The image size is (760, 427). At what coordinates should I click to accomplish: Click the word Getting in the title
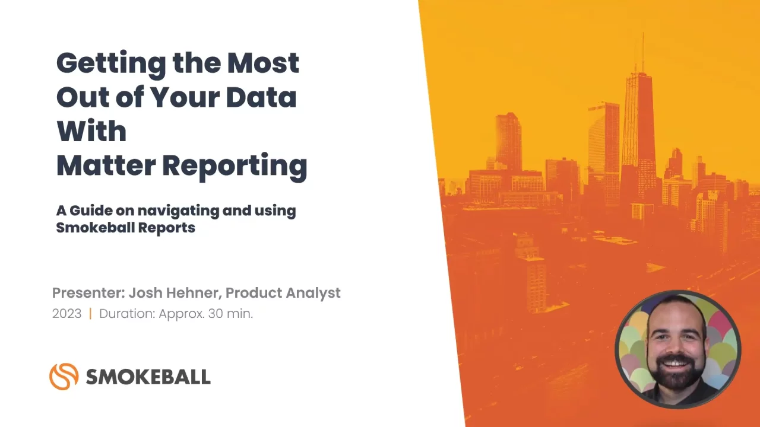pos(111,65)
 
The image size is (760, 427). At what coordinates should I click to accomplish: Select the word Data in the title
pos(261,97)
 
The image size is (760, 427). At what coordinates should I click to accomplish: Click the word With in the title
pos(91,130)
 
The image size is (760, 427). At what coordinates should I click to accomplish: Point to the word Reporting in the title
pos(235,167)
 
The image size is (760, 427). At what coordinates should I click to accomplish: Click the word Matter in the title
pos(106,165)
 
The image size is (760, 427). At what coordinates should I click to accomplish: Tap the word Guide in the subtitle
pos(91,211)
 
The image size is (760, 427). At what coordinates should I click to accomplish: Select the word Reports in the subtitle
pos(167,228)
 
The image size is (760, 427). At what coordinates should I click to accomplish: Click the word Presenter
pos(89,293)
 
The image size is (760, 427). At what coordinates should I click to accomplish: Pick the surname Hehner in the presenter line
pos(194,293)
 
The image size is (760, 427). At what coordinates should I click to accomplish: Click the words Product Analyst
pos(283,293)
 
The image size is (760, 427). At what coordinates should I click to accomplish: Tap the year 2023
pos(67,314)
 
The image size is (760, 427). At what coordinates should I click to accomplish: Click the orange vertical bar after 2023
pos(90,314)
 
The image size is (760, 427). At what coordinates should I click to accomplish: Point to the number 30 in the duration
pos(215,314)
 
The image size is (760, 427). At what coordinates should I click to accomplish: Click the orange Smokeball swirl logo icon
pos(64,377)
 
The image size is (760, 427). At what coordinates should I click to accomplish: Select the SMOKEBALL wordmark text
pos(148,377)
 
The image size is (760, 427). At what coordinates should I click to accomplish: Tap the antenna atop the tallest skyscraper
pos(642,51)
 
